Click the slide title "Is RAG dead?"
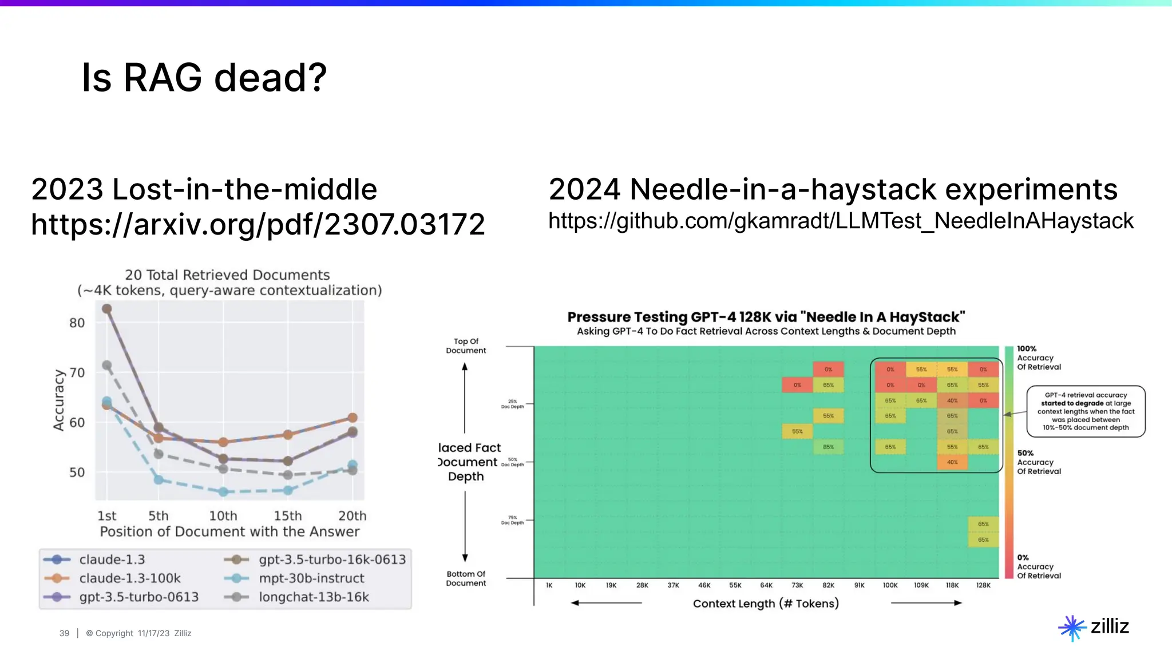pos(204,78)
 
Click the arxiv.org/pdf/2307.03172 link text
pos(258,224)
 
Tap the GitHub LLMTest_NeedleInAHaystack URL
pos(840,221)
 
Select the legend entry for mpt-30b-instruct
pos(311,578)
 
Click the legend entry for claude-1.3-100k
pos(129,578)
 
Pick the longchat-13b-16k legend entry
pos(314,597)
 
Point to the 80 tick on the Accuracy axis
pos(77,323)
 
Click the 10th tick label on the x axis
pos(223,516)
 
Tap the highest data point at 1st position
pos(106,309)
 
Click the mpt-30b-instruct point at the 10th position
pos(223,492)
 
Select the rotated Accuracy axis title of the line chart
pos(58,400)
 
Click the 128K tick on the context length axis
pos(983,585)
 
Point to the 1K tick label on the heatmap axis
pos(549,585)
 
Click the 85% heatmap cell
pos(828,447)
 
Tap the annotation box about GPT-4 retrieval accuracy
pos(1086,411)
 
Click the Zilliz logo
pos(1094,627)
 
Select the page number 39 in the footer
pos(64,633)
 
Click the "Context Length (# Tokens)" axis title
pos(765,604)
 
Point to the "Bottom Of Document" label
pos(466,578)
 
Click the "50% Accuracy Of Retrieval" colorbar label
pos(1038,462)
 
